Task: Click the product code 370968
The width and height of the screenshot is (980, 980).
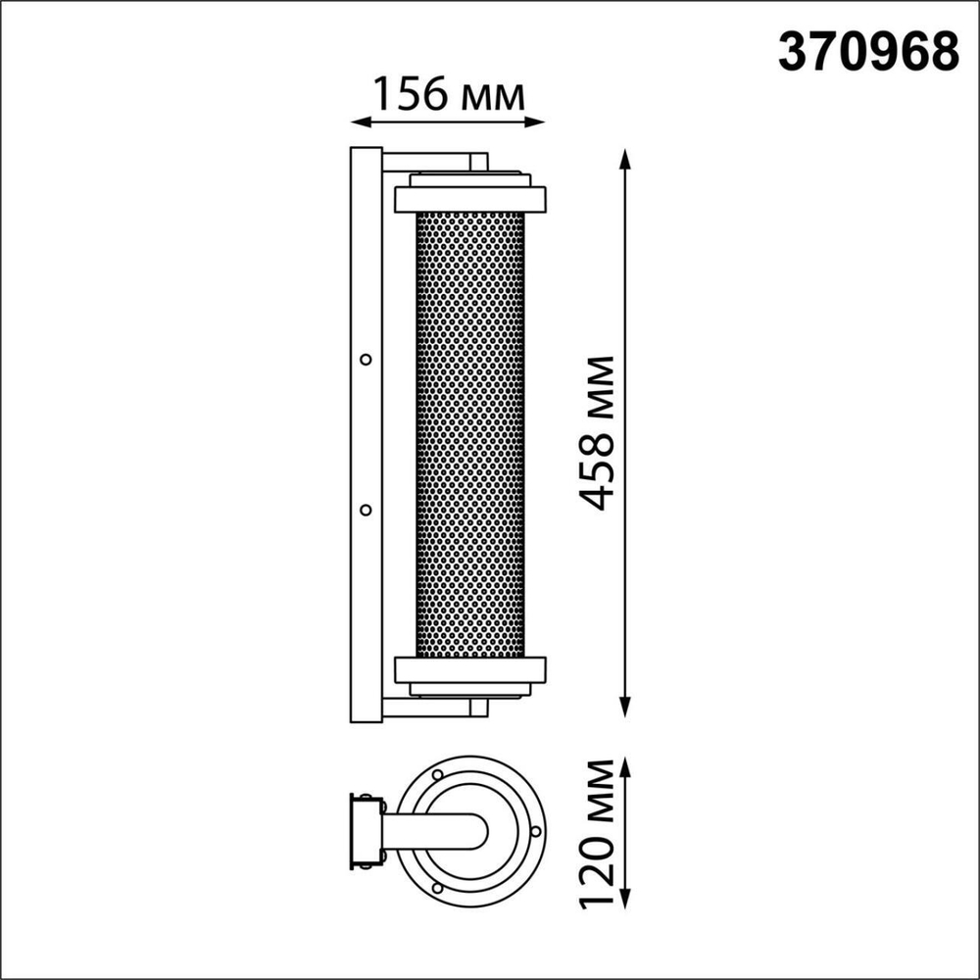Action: tap(867, 51)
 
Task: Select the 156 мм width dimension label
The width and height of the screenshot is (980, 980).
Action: tap(448, 95)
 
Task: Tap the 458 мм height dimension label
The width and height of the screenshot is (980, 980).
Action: tap(595, 432)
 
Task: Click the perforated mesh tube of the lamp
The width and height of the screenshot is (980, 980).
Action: tap(470, 431)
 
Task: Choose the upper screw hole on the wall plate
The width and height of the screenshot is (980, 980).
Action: tap(366, 360)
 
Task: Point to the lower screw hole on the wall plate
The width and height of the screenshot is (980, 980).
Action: tap(366, 510)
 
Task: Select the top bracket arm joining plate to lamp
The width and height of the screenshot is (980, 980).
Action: tap(431, 161)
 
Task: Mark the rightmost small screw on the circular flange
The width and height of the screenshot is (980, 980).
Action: tap(535, 833)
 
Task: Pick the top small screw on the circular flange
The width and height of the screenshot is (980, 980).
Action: tap(435, 773)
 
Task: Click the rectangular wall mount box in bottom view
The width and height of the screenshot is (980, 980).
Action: tap(366, 833)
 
